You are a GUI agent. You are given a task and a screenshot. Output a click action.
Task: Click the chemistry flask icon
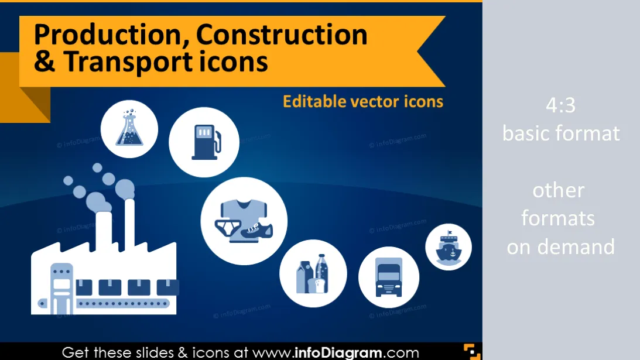pos(129,128)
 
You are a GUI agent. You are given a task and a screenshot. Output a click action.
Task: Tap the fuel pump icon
pos(206,142)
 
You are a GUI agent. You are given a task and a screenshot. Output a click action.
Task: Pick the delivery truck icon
pos(389,277)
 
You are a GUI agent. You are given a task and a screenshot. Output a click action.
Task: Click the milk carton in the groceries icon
pos(304,277)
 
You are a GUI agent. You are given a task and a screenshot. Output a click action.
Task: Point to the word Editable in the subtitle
pos(314,101)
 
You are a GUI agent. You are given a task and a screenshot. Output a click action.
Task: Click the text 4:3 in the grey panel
pos(561,105)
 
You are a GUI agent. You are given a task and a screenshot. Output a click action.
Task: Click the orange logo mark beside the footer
pos(473,352)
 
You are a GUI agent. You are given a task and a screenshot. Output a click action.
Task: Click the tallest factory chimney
pos(129,225)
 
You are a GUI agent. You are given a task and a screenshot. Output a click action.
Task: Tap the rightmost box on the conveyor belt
pos(167,287)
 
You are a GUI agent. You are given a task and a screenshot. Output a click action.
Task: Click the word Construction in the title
pos(282,35)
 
